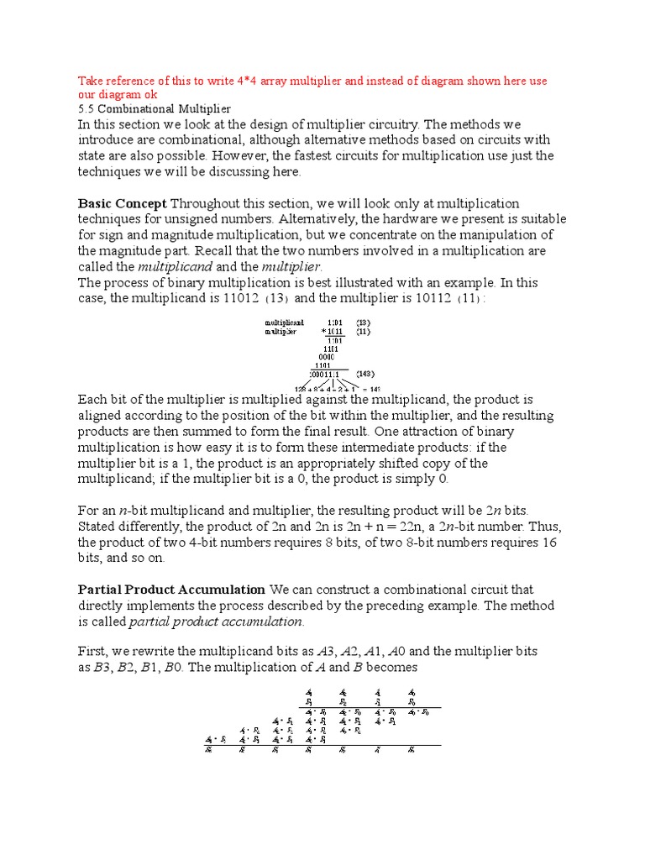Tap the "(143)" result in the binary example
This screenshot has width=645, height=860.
point(364,373)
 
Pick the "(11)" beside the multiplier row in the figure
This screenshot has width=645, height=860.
point(362,331)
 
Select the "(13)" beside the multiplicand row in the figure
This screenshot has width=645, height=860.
point(362,322)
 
